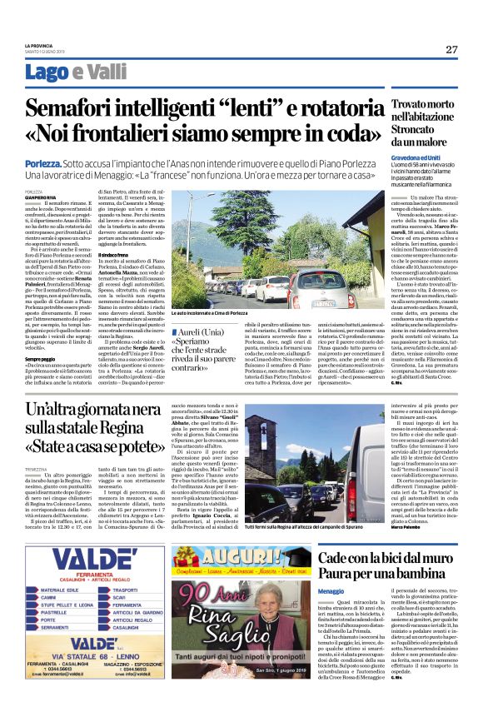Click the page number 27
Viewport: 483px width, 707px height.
451,49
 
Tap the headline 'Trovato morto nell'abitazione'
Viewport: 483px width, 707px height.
423,114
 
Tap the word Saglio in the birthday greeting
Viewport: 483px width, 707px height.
205,639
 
